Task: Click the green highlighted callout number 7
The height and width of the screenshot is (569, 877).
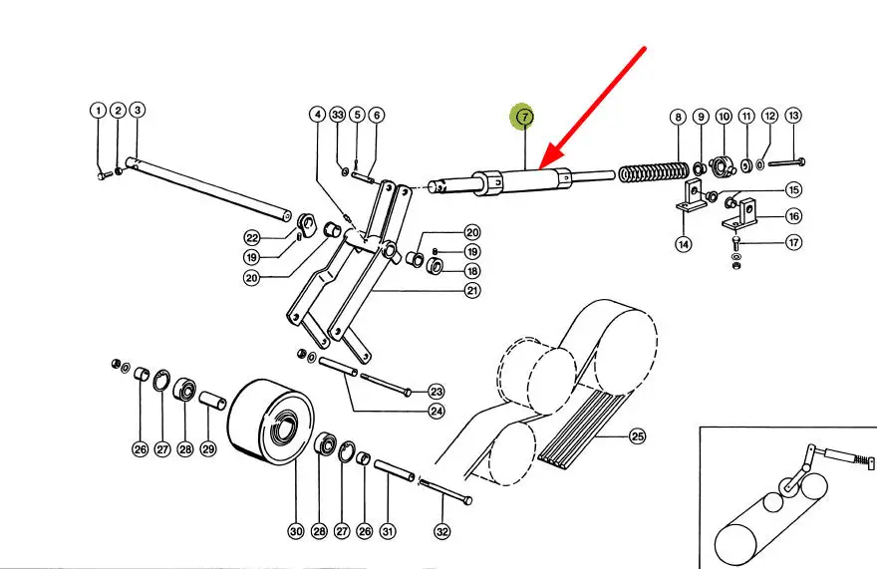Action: (x=524, y=117)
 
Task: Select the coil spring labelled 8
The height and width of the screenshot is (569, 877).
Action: (x=654, y=171)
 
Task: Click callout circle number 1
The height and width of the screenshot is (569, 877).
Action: (x=98, y=111)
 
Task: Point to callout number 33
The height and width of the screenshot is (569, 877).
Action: (x=337, y=115)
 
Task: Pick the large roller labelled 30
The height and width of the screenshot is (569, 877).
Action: (x=271, y=422)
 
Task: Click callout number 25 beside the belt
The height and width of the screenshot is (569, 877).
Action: (x=637, y=435)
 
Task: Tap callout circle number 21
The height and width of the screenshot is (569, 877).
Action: (x=472, y=290)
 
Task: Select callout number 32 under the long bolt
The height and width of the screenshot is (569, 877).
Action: (x=441, y=531)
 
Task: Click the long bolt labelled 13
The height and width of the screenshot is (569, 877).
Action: (x=787, y=162)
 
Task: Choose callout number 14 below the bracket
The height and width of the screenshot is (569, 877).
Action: (x=684, y=244)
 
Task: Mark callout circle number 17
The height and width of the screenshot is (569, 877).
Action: (x=793, y=242)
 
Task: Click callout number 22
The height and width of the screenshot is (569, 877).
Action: (x=252, y=238)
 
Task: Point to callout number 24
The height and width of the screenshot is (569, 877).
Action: (x=437, y=412)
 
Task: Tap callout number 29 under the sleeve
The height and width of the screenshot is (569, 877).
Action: (x=208, y=448)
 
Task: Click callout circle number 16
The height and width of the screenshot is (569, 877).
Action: (x=793, y=216)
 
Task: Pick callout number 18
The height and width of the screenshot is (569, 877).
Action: (x=472, y=271)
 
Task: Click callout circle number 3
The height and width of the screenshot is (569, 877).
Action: (x=138, y=110)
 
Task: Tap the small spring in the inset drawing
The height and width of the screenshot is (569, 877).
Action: (x=864, y=462)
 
